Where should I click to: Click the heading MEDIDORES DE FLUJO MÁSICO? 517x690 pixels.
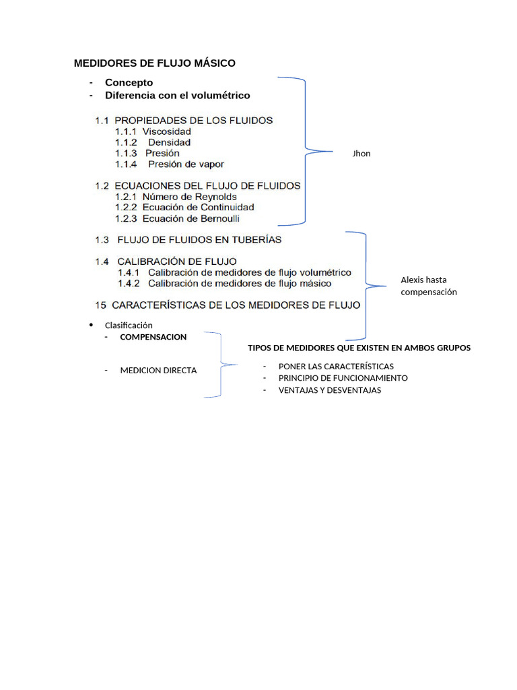[x=154, y=63]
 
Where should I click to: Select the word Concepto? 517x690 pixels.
[x=129, y=82]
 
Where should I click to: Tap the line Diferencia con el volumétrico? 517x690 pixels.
[x=177, y=96]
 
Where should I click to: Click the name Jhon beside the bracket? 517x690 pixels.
[x=361, y=154]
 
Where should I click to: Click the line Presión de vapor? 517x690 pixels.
[x=186, y=164]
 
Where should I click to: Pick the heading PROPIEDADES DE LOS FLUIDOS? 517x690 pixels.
[x=194, y=121]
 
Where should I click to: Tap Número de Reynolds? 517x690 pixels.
[x=189, y=197]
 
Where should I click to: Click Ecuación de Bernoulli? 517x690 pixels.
[x=191, y=218]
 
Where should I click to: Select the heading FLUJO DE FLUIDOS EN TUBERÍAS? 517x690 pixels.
[x=199, y=239]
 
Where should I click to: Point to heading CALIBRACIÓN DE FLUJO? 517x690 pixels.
[x=177, y=261]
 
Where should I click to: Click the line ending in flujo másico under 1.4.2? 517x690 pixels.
[x=240, y=283]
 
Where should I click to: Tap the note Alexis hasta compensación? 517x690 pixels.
[x=429, y=286]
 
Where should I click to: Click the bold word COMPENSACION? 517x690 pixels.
[x=153, y=337]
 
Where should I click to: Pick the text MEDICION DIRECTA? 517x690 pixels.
[x=158, y=371]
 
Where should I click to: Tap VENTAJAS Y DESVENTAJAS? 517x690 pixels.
[x=329, y=390]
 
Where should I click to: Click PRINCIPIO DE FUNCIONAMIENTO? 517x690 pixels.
[x=343, y=378]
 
